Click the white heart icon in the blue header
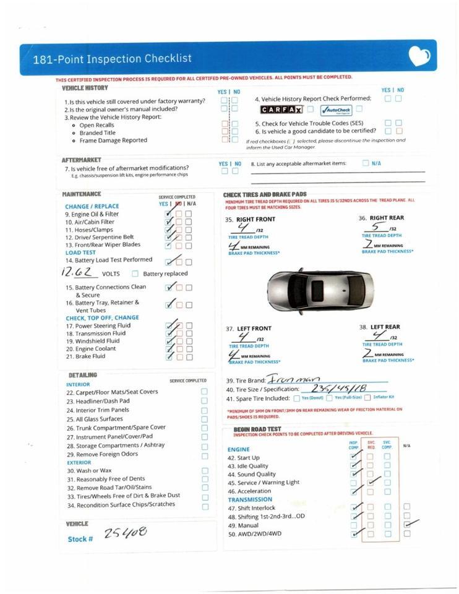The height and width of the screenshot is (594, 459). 419,57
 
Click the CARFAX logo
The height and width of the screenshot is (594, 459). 281,110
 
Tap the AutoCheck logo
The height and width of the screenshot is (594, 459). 335,110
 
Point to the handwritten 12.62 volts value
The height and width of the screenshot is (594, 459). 80,272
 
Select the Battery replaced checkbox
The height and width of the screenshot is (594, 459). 135,273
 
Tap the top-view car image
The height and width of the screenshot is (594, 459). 320,290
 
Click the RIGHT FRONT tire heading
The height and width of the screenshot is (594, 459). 255,219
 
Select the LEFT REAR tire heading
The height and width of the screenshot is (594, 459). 384,327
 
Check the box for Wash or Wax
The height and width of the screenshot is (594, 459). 205,470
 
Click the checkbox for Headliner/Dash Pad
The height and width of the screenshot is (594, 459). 205,400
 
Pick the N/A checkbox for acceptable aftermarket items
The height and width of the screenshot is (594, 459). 366,163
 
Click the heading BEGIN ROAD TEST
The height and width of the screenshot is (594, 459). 257,429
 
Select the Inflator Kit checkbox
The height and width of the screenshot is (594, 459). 367,397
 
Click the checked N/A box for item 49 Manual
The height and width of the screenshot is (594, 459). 406,524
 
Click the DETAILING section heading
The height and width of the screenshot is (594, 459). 82,375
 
